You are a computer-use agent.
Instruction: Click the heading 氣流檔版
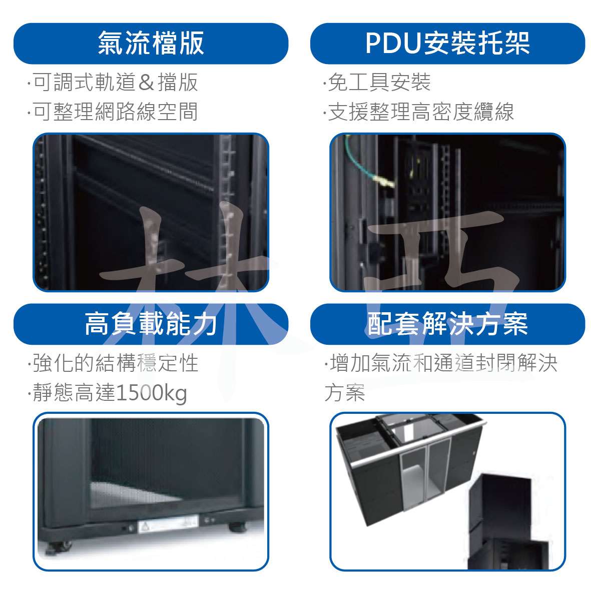coord(151,44)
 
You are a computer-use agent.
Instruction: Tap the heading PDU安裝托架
coord(447,44)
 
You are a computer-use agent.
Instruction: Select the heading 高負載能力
coord(151,324)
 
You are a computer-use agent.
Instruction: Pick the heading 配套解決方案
coord(447,324)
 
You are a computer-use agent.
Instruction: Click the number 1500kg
coord(152,393)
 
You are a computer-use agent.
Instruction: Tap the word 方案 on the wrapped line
coord(344,393)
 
